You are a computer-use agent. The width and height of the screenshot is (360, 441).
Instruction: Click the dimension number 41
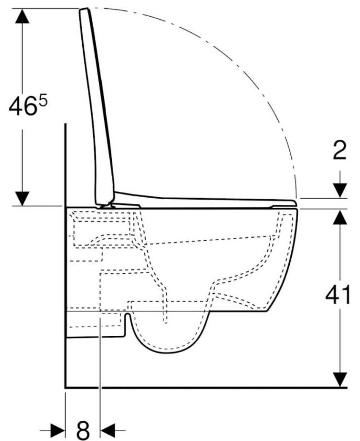(338, 295)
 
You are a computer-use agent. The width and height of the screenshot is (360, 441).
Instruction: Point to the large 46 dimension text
(23, 106)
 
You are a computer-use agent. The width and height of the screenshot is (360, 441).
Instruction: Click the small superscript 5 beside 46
(43, 100)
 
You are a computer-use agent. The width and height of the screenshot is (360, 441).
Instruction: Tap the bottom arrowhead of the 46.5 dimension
(22, 198)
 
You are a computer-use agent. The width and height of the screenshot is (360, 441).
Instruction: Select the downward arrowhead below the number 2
(340, 190)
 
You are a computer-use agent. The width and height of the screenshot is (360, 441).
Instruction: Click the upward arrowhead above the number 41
(340, 217)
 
